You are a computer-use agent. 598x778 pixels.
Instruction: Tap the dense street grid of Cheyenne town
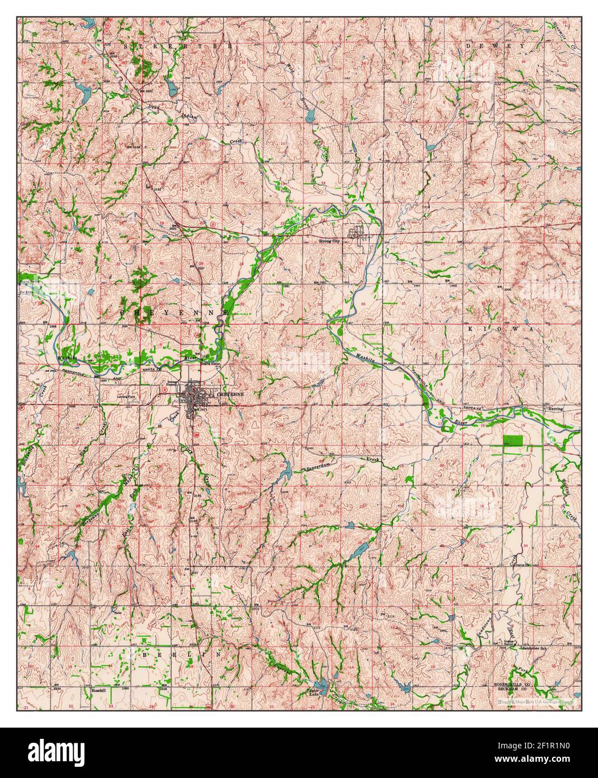(194, 396)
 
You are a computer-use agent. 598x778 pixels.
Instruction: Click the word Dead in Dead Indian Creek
(155, 106)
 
